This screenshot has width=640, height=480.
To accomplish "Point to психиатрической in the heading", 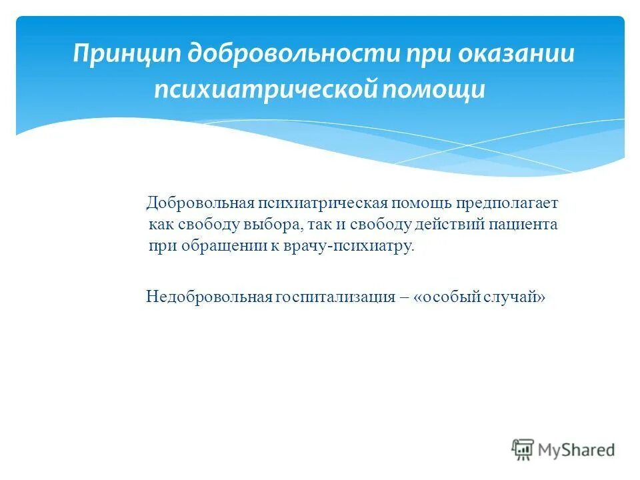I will [x=265, y=89].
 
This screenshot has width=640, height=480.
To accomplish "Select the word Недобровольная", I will [x=208, y=297].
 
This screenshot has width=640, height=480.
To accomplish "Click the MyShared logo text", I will [x=577, y=450].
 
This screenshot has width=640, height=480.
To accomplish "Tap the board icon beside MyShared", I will [x=523, y=450].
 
